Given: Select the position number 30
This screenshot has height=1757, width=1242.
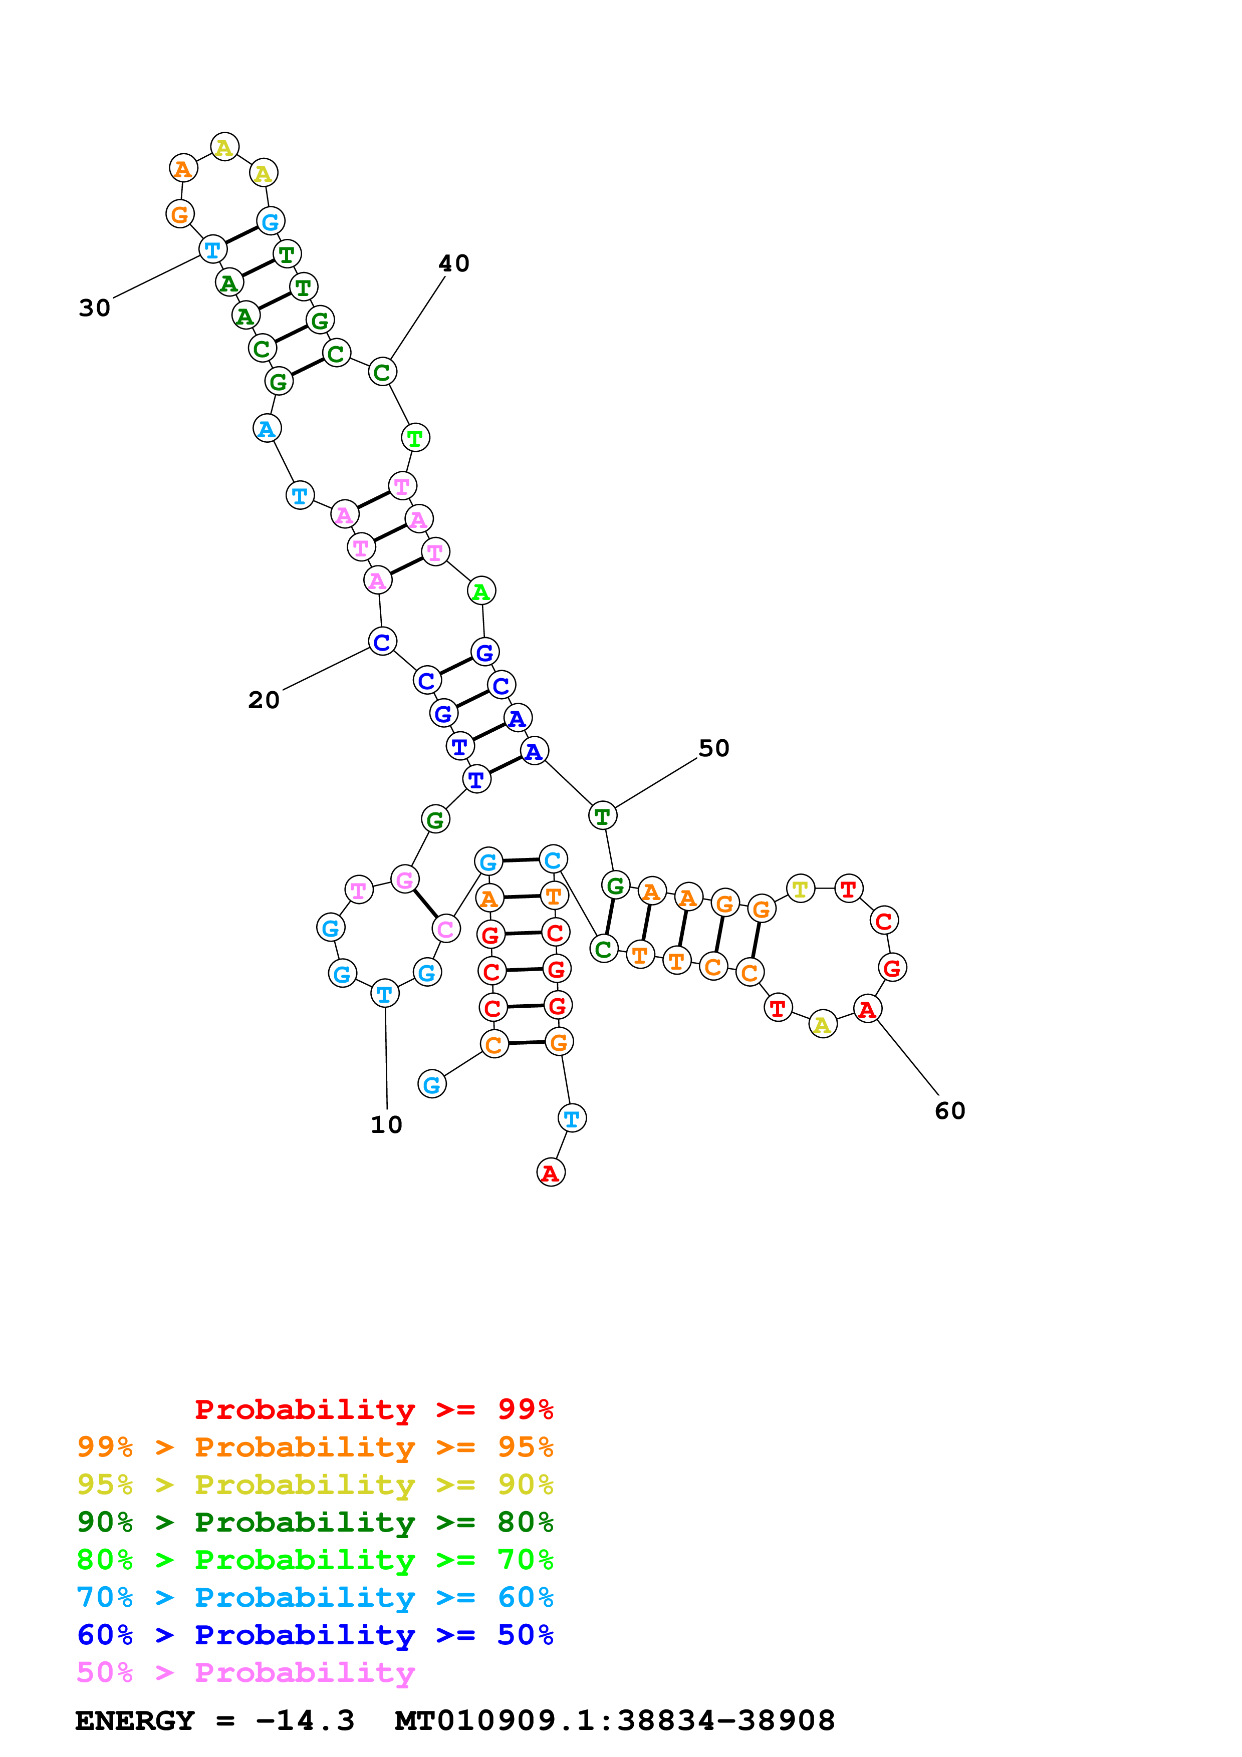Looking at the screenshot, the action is [95, 308].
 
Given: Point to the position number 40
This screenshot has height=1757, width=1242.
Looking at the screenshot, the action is [454, 263].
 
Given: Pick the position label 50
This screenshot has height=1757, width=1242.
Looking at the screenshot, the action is [714, 748].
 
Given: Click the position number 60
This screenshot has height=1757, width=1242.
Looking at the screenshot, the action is [950, 1110].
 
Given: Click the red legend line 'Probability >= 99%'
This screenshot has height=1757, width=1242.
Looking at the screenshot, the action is [374, 1409].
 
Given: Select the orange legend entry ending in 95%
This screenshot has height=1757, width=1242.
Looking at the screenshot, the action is [315, 1446].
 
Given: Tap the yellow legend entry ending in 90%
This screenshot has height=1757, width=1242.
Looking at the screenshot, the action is [315, 1484].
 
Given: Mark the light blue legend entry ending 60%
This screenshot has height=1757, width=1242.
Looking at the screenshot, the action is [315, 1597].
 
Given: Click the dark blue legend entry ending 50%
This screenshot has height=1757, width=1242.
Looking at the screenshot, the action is [315, 1635].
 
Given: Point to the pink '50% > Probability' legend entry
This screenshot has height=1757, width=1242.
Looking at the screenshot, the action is [245, 1672].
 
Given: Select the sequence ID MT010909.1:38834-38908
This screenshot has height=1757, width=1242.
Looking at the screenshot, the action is [615, 1720].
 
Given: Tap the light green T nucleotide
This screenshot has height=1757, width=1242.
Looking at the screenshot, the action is [415, 438].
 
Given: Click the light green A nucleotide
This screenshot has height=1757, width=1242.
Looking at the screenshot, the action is [480, 591].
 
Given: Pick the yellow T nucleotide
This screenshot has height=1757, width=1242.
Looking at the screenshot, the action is [800, 889].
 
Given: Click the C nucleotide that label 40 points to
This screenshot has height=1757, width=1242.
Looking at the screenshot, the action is [382, 372].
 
